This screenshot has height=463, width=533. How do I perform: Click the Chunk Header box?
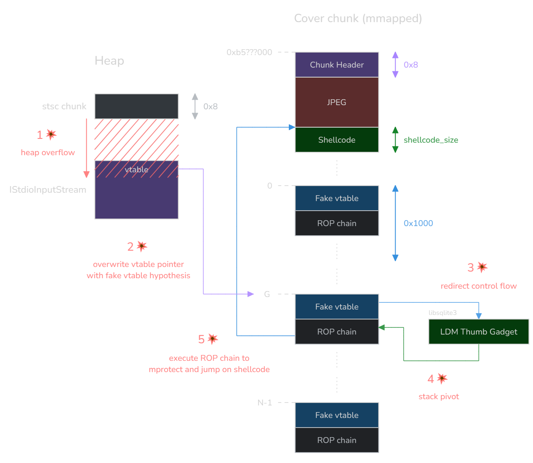(337, 65)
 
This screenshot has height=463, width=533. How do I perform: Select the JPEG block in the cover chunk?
(337, 102)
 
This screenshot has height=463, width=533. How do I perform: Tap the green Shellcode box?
(337, 140)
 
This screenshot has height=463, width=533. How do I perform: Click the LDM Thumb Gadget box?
(479, 332)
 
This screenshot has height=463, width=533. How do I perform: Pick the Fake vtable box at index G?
(337, 307)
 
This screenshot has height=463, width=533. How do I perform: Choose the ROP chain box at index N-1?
(337, 440)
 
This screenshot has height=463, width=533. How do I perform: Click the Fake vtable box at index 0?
(337, 198)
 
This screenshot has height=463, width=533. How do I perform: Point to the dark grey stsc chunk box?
(136, 106)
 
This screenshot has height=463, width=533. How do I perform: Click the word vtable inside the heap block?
(136, 169)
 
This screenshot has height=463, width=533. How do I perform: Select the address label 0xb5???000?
(249, 52)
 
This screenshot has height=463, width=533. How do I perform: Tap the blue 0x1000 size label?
(418, 223)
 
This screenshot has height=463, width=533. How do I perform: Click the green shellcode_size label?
(431, 140)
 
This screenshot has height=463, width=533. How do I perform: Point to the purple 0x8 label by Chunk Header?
(411, 65)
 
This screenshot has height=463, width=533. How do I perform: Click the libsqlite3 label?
(442, 313)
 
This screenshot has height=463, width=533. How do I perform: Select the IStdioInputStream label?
(48, 190)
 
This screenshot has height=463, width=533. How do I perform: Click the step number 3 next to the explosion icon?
(470, 268)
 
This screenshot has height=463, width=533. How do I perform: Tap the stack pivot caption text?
(439, 397)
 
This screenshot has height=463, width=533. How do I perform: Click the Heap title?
(109, 61)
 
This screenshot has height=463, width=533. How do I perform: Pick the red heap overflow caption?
(48, 153)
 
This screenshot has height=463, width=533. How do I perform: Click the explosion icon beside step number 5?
(213, 339)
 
